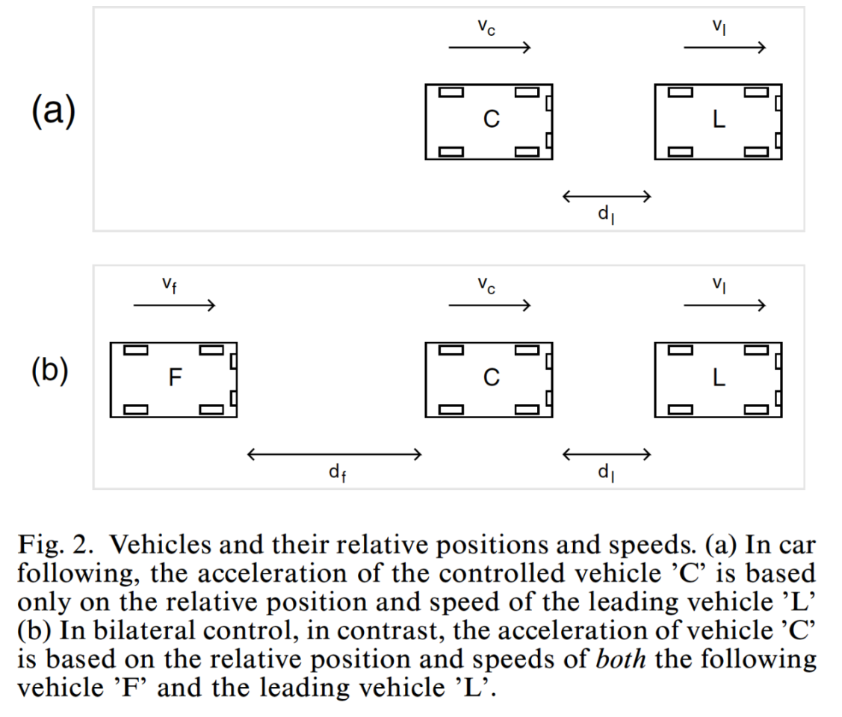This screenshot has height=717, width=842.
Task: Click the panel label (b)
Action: tap(50, 371)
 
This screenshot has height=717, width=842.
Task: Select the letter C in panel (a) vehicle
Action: tap(491, 119)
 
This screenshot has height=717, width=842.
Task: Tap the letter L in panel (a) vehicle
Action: tap(719, 119)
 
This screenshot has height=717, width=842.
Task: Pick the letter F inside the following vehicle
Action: tap(175, 379)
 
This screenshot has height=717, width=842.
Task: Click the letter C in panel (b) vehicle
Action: tap(491, 379)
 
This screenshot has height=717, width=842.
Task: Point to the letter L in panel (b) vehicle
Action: tap(719, 379)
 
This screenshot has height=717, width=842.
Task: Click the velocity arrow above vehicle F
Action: tap(174, 305)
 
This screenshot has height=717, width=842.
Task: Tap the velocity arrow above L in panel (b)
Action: tap(725, 305)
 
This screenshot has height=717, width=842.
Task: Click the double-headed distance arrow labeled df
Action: tap(334, 453)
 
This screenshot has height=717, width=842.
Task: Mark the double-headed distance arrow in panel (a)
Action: tap(606, 196)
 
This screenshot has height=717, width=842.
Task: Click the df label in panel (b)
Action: tap(336, 472)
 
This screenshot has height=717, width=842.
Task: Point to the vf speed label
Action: tap(170, 285)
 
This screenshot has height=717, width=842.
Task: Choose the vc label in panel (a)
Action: tap(486, 28)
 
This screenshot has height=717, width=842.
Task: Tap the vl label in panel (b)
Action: tap(719, 285)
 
